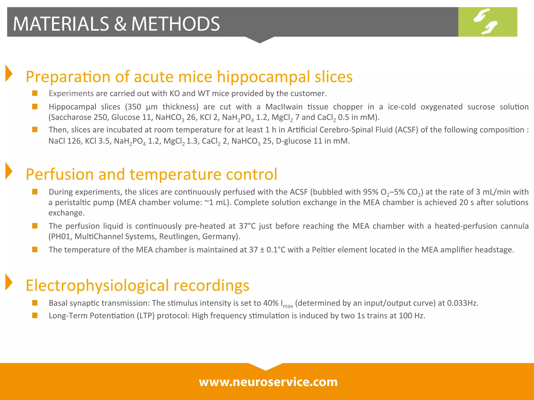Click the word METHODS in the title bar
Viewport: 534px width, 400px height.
tap(175, 24)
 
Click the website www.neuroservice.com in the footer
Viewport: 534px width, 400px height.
tap(268, 382)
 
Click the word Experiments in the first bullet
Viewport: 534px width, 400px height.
tap(71, 93)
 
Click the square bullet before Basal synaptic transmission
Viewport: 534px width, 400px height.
tap(35, 303)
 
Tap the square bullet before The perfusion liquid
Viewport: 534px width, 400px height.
tap(35, 226)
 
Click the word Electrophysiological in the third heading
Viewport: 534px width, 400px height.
tap(97, 286)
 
